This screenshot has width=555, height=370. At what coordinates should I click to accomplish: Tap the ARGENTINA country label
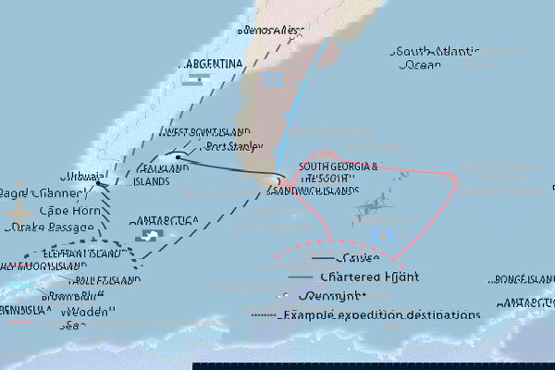(214, 64)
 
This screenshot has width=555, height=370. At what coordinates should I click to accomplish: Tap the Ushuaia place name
(79, 176)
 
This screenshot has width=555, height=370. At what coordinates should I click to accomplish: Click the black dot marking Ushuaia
(99, 183)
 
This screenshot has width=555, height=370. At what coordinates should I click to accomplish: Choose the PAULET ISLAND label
(102, 279)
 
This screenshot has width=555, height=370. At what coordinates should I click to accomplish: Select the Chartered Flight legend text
(366, 277)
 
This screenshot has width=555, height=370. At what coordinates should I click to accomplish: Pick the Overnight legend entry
(333, 296)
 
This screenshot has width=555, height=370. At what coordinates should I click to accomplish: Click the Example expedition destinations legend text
(382, 314)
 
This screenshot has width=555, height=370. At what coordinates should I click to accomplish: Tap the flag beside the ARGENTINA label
(192, 80)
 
